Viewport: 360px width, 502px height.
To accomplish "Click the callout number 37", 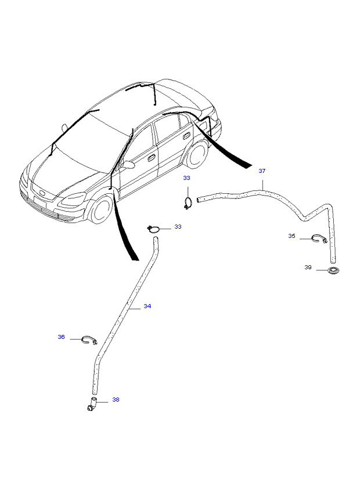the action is point(262,171).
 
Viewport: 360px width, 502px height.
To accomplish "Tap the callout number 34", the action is point(147,306).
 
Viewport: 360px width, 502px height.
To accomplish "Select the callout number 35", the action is point(291,236).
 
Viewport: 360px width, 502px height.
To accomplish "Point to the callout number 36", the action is point(61,337).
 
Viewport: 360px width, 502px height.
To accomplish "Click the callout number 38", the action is point(116,399).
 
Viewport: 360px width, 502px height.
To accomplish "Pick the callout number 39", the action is point(308,268).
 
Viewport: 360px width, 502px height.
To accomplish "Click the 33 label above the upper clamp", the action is point(186,178).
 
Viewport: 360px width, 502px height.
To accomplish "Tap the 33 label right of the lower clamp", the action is point(178,227).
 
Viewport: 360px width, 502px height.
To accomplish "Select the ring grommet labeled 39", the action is point(334,270).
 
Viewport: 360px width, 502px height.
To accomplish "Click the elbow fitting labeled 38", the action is point(92,403).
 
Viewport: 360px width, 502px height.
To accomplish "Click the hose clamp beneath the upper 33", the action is point(188,204).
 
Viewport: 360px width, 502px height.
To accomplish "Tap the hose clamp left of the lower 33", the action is point(154,229).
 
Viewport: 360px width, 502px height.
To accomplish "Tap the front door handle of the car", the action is point(152,157).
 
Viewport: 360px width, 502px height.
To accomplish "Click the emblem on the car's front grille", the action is point(42,193).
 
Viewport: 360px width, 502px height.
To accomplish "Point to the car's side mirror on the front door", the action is point(128,165).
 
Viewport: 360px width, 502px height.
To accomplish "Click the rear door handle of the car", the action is point(185,137).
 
